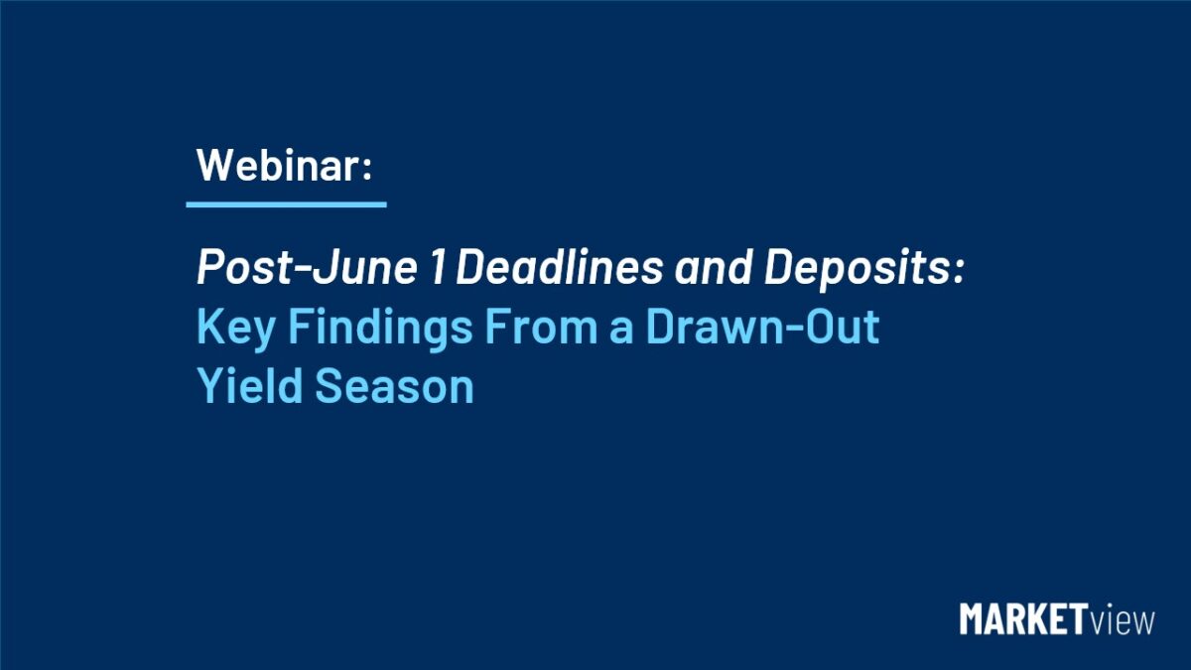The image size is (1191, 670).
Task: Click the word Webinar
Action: pyautogui.click(x=277, y=165)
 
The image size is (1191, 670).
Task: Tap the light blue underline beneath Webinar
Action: pyautogui.click(x=286, y=204)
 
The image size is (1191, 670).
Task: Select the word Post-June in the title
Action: pyautogui.click(x=307, y=267)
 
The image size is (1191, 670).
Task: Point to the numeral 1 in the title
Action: pyautogui.click(x=437, y=267)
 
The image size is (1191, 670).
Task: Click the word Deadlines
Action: pyautogui.click(x=560, y=267)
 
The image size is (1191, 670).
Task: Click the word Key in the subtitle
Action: pyautogui.click(x=236, y=329)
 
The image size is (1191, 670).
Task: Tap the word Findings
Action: pyautogui.click(x=379, y=329)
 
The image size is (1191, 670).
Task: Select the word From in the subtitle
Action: pyautogui.click(x=541, y=327)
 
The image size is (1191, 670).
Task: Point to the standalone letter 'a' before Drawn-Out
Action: pyautogui.click(x=621, y=332)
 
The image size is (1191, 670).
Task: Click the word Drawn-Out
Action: pyautogui.click(x=762, y=327)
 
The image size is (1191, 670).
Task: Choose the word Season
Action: pyautogui.click(x=394, y=386)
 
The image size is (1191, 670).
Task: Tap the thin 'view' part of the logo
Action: pyautogui.click(x=1121, y=620)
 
